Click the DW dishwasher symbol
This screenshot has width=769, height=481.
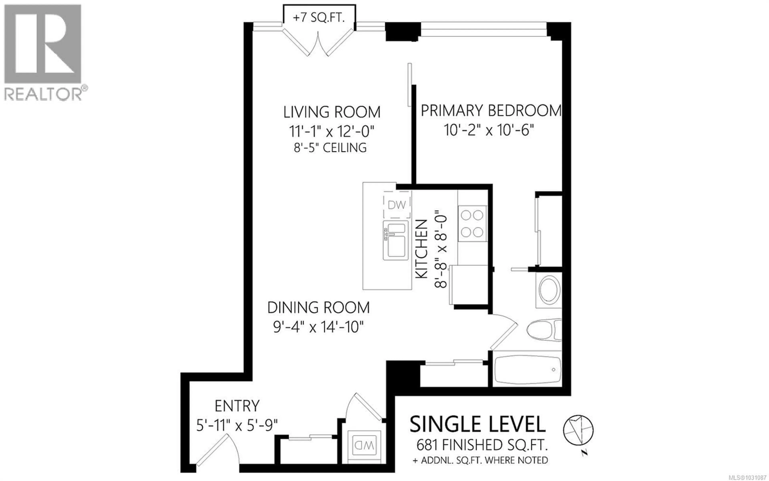tap(397, 205)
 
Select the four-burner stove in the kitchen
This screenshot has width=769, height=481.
tap(472, 224)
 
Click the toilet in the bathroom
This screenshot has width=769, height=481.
tap(544, 329)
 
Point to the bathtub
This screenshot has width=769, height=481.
tap(527, 369)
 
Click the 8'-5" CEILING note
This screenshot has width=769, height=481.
tap(330, 148)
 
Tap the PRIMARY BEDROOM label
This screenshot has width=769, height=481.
tap(491, 110)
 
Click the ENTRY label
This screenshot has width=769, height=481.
tap(237, 406)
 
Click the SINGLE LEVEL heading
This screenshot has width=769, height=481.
tap(477, 424)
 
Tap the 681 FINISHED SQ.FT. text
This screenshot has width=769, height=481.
tap(482, 445)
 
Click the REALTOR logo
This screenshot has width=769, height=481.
tap(44, 53)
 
